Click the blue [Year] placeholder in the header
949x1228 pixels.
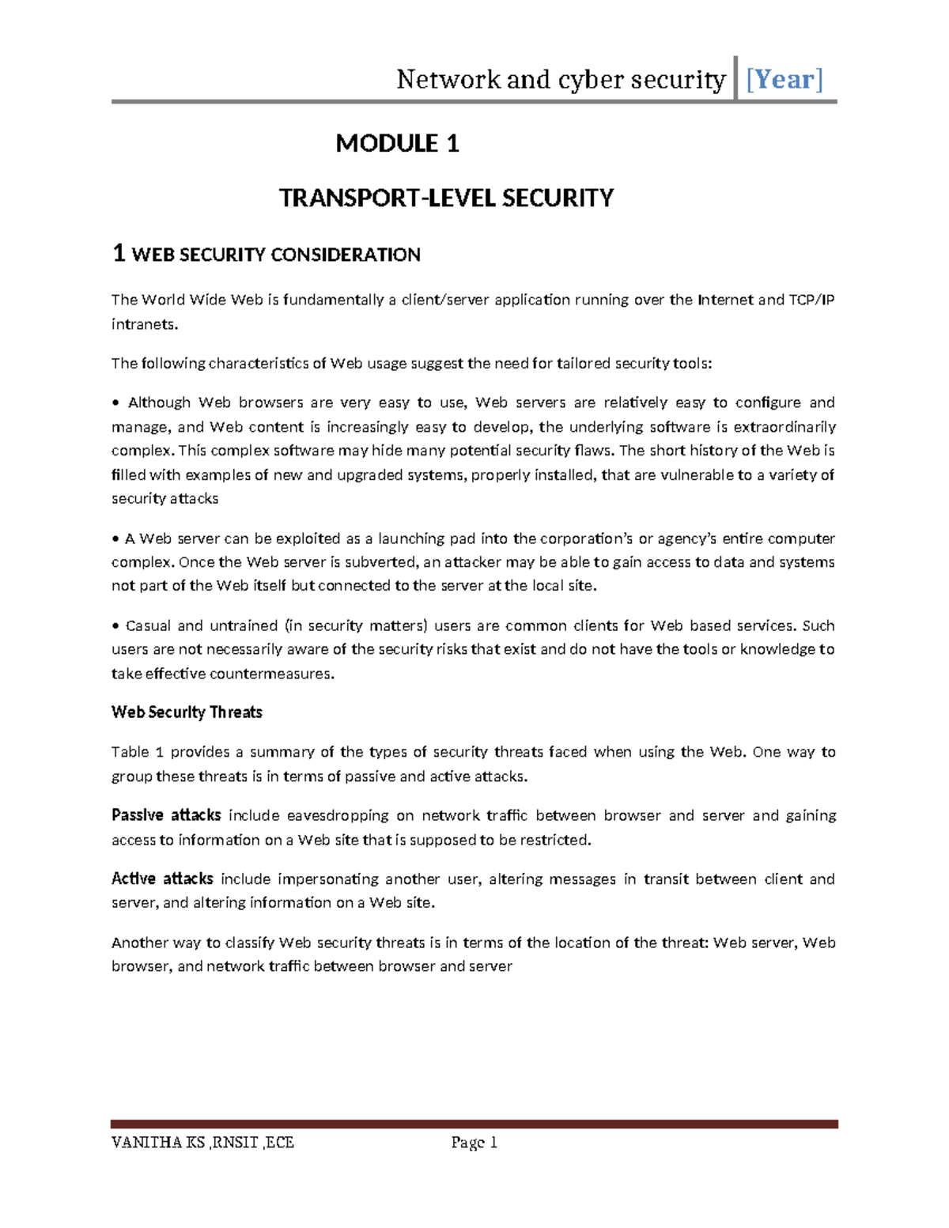pos(785,79)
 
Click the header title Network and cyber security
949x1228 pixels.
pos(561,79)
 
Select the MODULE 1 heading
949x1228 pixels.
pos(397,143)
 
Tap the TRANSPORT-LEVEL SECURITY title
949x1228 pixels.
pos(446,198)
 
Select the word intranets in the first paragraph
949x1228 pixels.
pos(144,324)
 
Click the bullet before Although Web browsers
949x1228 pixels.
pos(116,403)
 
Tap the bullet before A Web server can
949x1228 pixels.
pos(115,539)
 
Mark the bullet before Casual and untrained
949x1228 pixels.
pos(116,626)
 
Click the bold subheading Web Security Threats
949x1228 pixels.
pos(187,712)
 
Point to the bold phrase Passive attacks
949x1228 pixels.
pos(165,815)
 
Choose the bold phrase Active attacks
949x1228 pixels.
pos(162,878)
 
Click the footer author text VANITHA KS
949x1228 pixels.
pos(158,1143)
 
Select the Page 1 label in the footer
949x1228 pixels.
pos(474,1143)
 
